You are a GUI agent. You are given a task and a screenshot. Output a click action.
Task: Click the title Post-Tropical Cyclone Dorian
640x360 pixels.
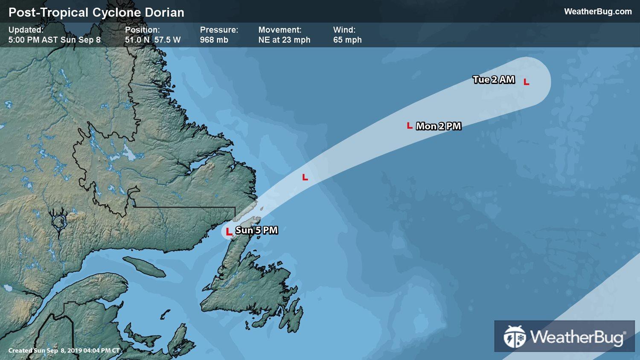point(96,12)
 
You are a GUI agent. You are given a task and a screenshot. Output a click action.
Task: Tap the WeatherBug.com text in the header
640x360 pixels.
point(598,12)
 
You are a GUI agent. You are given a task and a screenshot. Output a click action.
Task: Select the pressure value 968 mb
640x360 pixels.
point(214,40)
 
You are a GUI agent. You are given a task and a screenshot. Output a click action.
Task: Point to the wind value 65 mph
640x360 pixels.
point(347,40)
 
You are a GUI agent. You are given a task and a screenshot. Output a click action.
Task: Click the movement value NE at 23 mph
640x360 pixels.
point(284,40)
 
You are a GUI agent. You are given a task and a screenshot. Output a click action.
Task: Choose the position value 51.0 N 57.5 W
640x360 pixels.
point(153,40)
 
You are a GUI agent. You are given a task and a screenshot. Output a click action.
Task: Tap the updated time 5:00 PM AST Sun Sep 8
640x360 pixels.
point(55,40)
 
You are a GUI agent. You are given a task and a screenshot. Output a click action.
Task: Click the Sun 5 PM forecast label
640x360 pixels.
point(256,230)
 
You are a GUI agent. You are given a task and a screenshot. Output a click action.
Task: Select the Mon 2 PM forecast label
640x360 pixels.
point(439,126)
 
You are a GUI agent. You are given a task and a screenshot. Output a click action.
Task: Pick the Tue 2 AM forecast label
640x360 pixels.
point(494,80)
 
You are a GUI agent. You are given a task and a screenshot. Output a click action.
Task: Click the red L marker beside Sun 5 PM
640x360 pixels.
point(229,232)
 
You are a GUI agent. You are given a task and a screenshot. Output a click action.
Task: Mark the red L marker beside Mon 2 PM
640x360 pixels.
point(410,126)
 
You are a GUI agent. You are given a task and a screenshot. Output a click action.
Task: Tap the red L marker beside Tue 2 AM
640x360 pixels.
point(527,82)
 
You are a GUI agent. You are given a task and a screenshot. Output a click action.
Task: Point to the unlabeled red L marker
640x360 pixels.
point(305,177)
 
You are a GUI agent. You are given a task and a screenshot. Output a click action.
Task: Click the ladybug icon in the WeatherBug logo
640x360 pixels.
point(515,337)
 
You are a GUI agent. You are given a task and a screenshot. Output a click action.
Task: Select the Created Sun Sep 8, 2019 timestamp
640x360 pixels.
point(64,351)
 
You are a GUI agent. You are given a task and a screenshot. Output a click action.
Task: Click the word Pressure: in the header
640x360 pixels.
point(219,30)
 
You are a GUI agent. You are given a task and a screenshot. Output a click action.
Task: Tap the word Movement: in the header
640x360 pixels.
point(280,30)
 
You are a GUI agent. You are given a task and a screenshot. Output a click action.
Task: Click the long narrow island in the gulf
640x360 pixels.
point(144,267)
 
